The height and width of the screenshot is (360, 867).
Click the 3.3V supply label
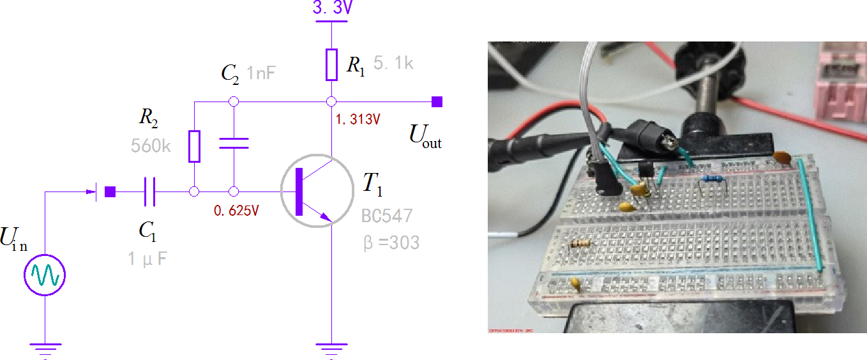(x=332, y=9)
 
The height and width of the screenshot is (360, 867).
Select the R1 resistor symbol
(x=331, y=64)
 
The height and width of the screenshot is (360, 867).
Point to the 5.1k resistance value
(x=395, y=64)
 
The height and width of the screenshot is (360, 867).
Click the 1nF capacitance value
(x=260, y=73)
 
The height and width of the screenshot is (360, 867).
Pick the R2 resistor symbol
(x=194, y=146)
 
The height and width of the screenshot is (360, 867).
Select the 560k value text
(x=151, y=146)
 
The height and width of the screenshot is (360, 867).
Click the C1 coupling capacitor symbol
(x=149, y=191)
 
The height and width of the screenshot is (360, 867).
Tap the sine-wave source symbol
(x=45, y=275)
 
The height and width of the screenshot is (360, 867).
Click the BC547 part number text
(x=387, y=215)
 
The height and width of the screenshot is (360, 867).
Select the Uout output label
(x=425, y=136)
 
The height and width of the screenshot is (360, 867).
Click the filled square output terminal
(x=437, y=101)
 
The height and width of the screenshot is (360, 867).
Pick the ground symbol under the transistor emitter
(x=332, y=347)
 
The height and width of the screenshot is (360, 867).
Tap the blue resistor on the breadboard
(x=711, y=179)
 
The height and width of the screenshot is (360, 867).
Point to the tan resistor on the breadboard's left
(x=581, y=243)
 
